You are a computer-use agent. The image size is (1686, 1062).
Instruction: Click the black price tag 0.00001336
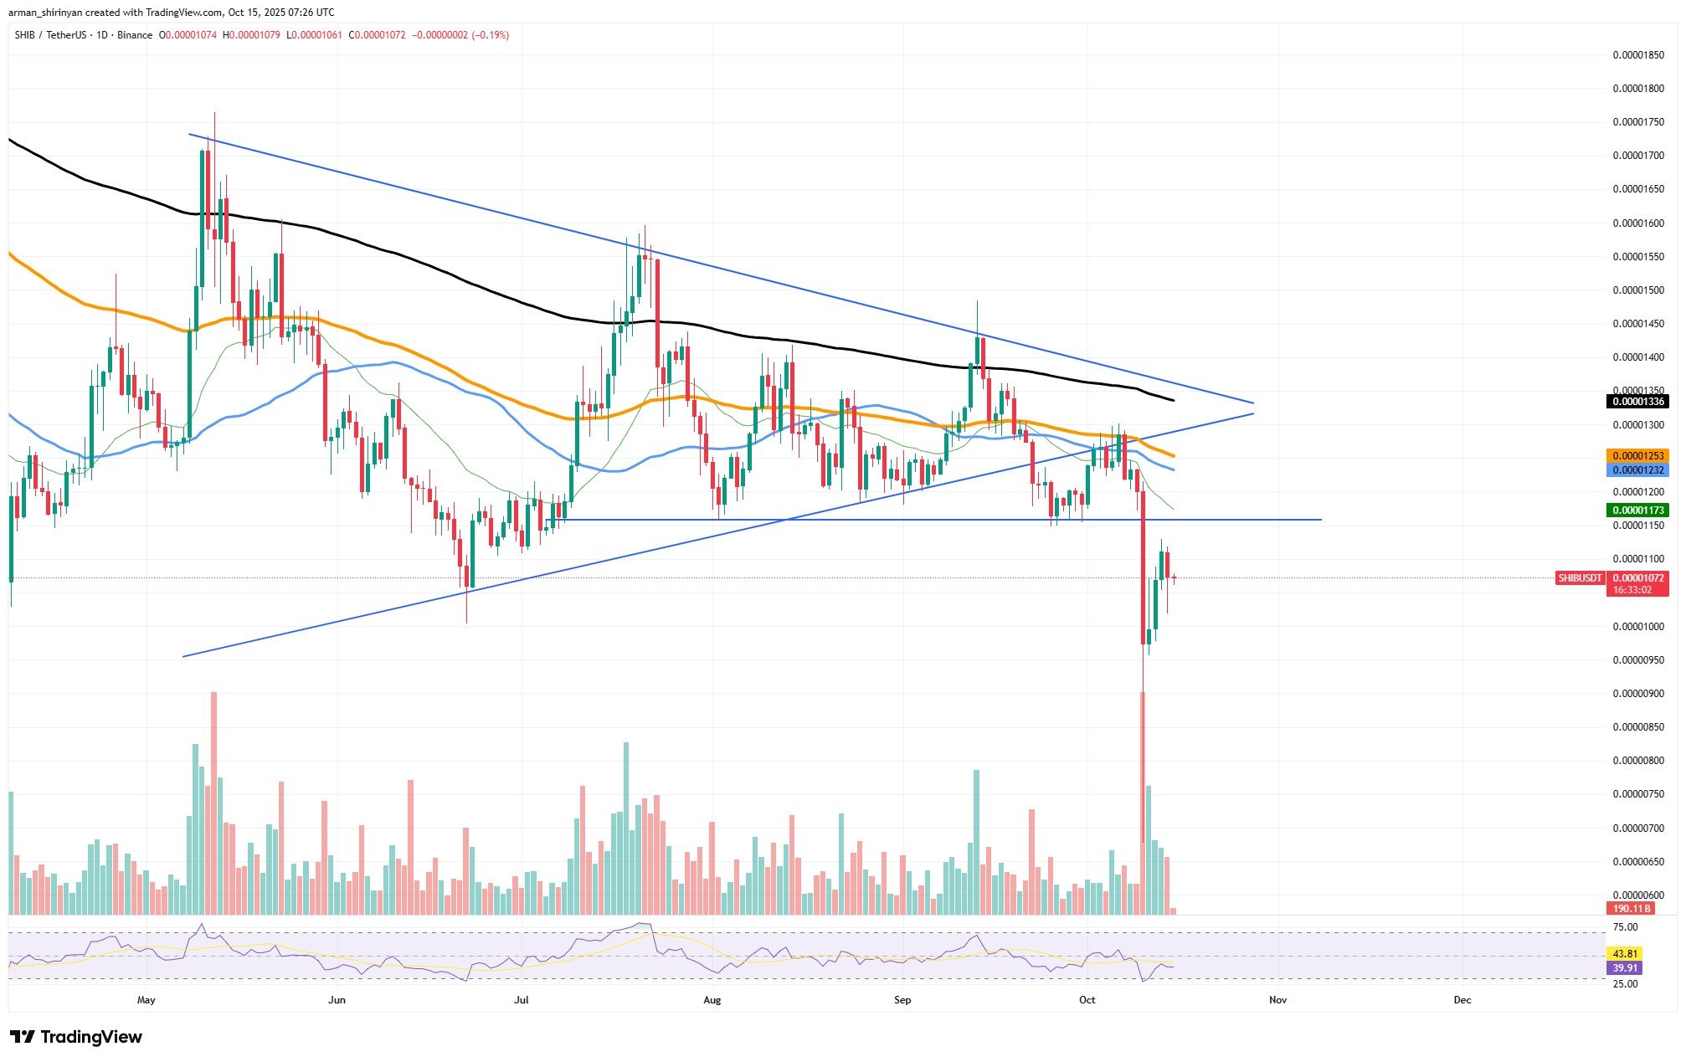[x=1637, y=402]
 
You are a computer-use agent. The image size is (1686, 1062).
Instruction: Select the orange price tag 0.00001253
[x=1637, y=455]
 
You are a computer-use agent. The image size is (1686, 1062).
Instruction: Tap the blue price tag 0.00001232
[x=1637, y=470]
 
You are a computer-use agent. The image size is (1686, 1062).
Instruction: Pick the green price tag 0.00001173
[x=1637, y=510]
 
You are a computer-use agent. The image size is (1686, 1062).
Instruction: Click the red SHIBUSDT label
[x=1580, y=578]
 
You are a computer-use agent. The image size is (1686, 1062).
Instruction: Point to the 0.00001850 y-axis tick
[x=1638, y=55]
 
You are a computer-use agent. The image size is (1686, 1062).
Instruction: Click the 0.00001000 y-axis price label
[x=1638, y=627]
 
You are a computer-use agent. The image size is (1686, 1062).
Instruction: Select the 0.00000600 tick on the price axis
[x=1638, y=895]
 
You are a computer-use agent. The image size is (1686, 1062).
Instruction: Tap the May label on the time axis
[x=146, y=1000]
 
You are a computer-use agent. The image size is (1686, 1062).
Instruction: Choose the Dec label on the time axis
[x=1462, y=1000]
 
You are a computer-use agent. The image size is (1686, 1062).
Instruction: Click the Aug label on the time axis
[x=712, y=1000]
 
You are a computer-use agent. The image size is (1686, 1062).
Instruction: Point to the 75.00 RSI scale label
[x=1625, y=927]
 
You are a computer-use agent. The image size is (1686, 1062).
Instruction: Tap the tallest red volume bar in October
[x=1142, y=803]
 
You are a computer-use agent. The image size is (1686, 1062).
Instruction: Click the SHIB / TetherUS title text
[x=54, y=35]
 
